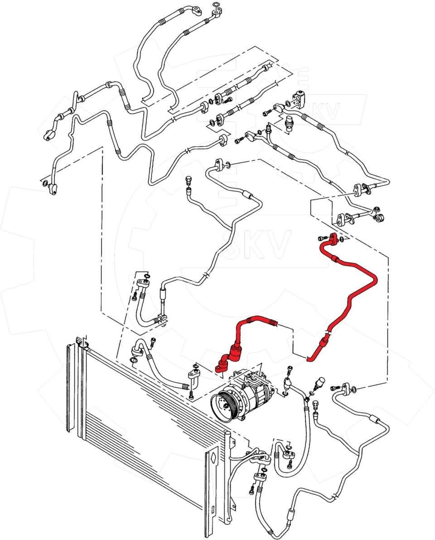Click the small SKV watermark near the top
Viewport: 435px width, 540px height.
pyautogui.click(x=324, y=113)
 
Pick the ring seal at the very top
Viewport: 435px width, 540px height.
pyautogui.click(x=217, y=5)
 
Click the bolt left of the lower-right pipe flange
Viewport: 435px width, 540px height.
pyautogui.click(x=335, y=388)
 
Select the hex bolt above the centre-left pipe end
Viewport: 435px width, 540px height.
pyautogui.click(x=188, y=183)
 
